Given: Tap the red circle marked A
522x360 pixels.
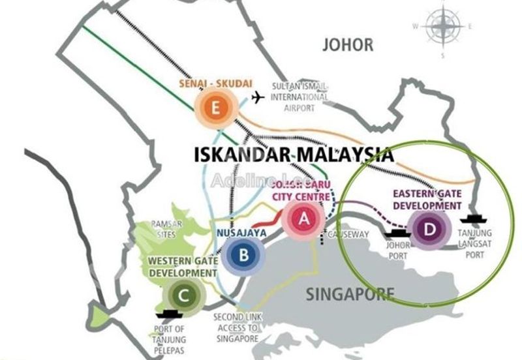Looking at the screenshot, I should [x=302, y=220].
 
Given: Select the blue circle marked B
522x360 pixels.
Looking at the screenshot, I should [x=243, y=255].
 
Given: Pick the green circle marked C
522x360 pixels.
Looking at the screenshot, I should [x=185, y=297].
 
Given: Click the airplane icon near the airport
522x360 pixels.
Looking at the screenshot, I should [x=258, y=98].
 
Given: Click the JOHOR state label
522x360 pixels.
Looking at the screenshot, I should [x=348, y=45].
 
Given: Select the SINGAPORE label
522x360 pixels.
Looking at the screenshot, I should [x=351, y=294].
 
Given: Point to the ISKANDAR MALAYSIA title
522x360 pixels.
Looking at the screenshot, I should [x=294, y=155].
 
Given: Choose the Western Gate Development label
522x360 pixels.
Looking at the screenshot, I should [x=182, y=266].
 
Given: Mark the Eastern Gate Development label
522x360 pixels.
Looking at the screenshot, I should [x=427, y=200].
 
